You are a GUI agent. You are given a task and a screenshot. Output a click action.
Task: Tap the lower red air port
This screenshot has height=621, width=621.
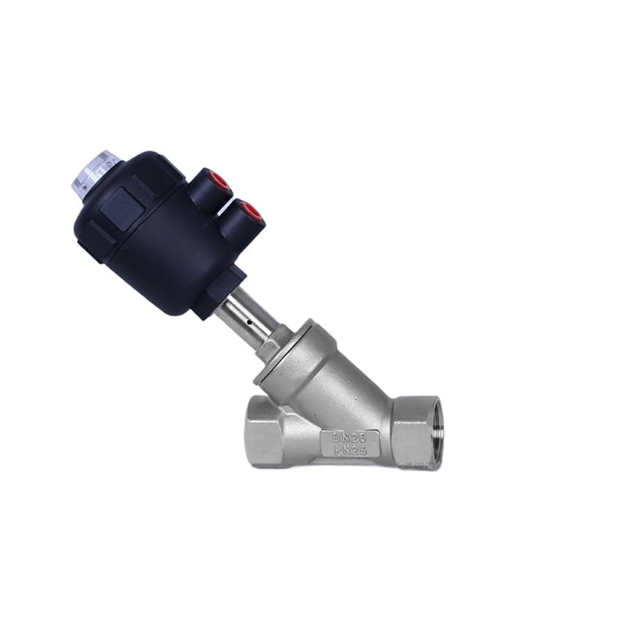(x=251, y=212)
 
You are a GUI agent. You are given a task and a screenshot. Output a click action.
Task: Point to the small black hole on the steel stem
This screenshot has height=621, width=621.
(x=249, y=322)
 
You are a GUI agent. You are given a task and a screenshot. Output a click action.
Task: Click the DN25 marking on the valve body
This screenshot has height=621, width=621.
(x=349, y=437)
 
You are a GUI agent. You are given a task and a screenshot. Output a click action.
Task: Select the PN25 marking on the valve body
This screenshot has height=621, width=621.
(x=349, y=450)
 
